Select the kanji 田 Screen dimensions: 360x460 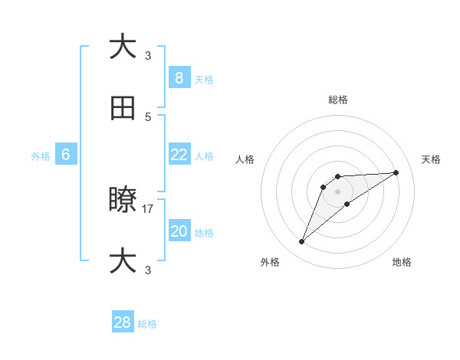[123, 109]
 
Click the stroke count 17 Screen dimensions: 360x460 [148, 208]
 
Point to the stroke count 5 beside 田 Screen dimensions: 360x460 [148, 116]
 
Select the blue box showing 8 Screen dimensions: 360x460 [179, 77]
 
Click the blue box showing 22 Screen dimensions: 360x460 [179, 155]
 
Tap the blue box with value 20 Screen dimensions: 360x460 [179, 231]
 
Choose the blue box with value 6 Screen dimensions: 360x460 [66, 155]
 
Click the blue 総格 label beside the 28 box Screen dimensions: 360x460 [147, 324]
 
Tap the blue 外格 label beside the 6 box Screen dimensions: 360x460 [41, 156]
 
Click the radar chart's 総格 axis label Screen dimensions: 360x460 [337, 100]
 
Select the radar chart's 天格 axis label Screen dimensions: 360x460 [431, 159]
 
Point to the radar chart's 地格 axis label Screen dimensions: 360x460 [402, 263]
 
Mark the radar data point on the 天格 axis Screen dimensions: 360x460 [396, 172]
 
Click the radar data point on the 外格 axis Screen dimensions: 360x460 [302, 242]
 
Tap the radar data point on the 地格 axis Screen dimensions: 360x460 [347, 204]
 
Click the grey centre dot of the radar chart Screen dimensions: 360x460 [337, 191]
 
